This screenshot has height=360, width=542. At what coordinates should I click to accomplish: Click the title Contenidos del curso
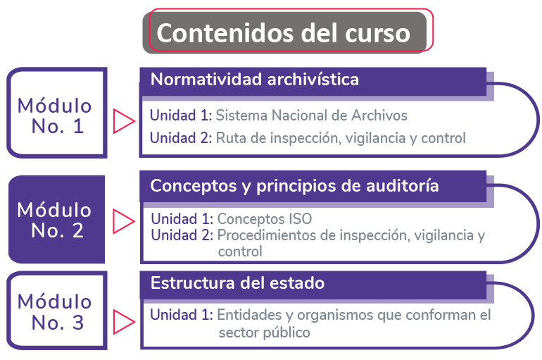(283, 33)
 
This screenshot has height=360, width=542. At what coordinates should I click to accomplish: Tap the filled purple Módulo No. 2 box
(57, 219)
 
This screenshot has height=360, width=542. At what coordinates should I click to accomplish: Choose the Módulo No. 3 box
(57, 310)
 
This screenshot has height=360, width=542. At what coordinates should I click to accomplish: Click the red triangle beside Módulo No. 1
(124, 121)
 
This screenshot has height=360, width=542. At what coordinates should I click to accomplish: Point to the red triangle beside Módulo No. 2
(124, 221)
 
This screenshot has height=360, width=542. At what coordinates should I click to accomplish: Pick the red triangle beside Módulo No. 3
(124, 322)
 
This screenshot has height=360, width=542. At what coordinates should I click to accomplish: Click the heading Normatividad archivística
(255, 80)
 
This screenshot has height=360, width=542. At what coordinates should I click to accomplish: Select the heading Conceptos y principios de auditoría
(294, 186)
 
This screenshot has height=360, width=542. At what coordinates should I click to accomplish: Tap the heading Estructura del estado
(237, 283)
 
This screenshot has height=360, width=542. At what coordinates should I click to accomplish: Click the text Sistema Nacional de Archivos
(311, 116)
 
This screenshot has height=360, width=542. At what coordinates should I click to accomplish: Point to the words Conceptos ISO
(265, 219)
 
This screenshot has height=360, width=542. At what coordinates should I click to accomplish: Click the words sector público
(265, 333)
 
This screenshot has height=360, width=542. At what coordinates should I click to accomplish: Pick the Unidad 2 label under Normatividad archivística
(181, 138)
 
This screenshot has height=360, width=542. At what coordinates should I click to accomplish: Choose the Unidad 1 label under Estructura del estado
(182, 315)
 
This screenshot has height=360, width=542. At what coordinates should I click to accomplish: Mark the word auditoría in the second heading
(403, 186)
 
